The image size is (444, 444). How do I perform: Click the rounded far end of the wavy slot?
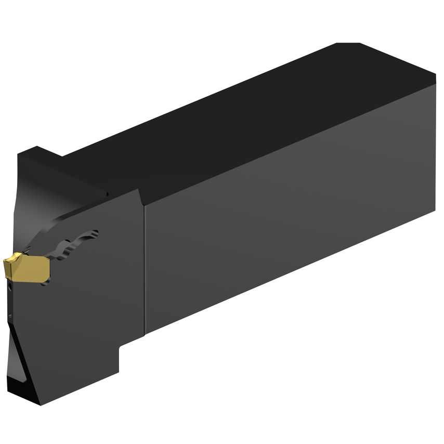(94, 232)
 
